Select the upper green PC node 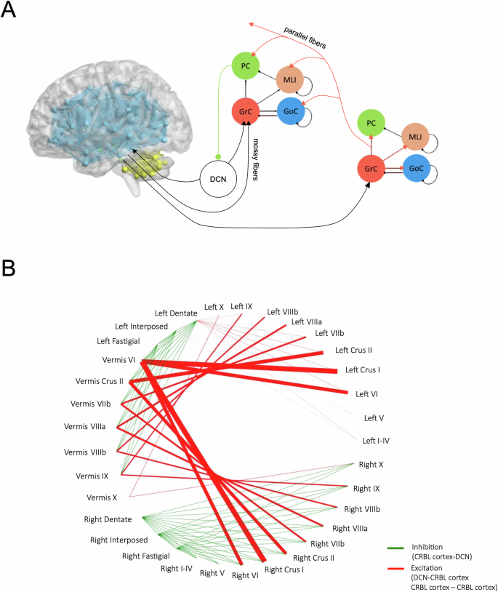coord(245,68)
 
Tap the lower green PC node coord(371,124)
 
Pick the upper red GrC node coord(245,112)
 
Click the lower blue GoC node coord(417,168)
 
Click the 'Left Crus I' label coord(364,369)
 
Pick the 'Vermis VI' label coord(120,359)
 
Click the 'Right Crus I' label coord(284,569)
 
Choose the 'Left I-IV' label coord(377,439)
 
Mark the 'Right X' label coord(372,463)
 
